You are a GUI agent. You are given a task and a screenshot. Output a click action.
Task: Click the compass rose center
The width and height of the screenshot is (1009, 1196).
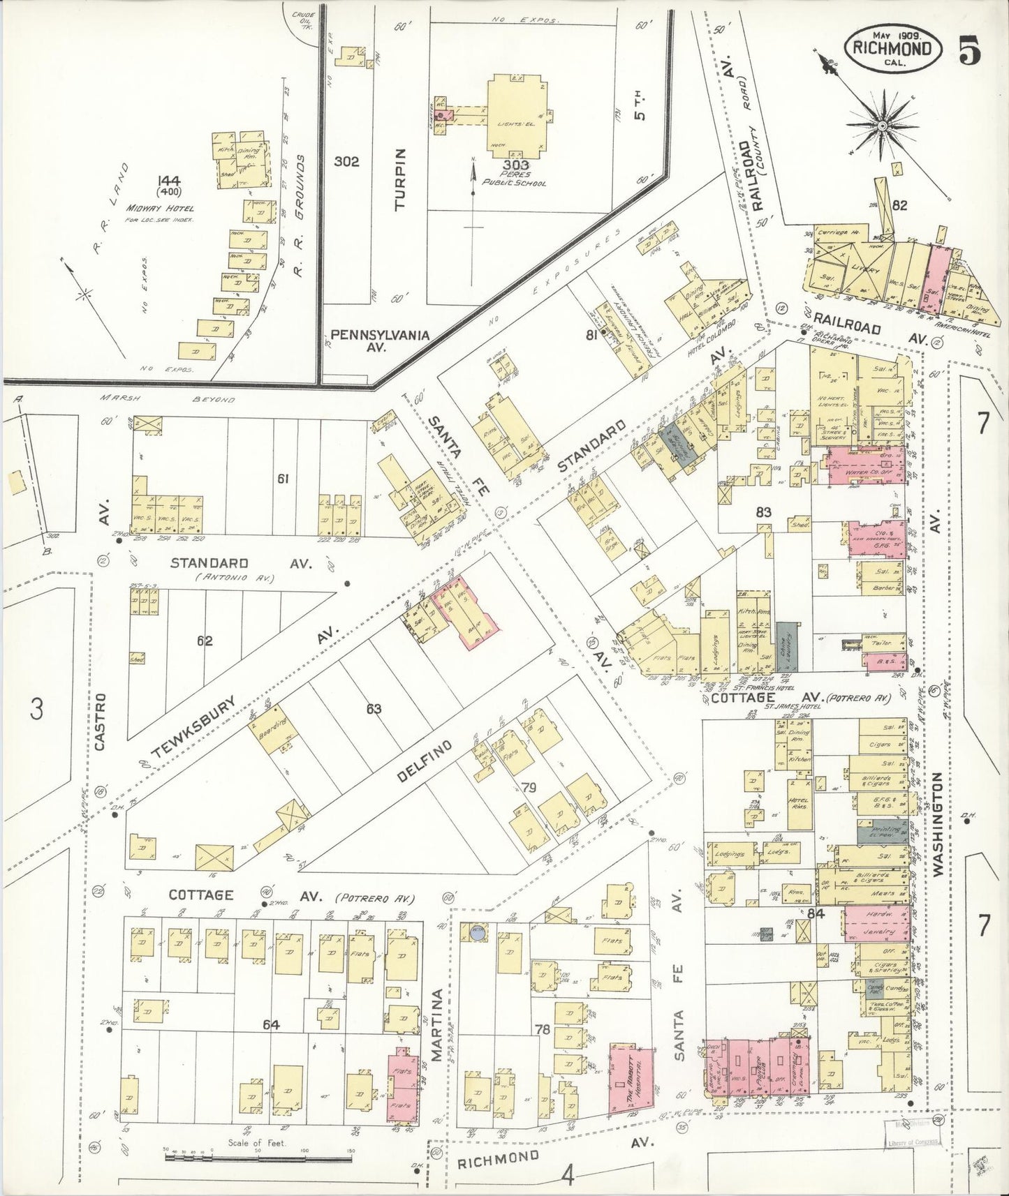pyautogui.click(x=882, y=126)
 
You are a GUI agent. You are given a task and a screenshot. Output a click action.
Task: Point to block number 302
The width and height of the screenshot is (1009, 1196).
pyautogui.click(x=346, y=162)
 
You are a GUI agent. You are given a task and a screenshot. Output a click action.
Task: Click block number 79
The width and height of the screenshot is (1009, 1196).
pyautogui.click(x=529, y=788)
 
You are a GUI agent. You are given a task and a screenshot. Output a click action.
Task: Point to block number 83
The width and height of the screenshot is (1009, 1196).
pyautogui.click(x=763, y=513)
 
